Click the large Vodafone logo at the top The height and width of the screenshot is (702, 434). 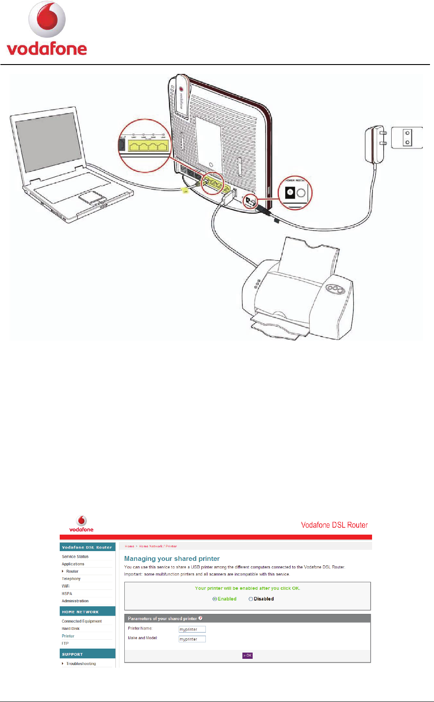pos(47,29)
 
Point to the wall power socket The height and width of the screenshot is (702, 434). pos(407,138)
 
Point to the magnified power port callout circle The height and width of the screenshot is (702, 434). pos(295,193)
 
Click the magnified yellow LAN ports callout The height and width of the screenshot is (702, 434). pos(145,146)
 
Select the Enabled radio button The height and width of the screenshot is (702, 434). pos(215,599)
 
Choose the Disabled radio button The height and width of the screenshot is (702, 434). pos(251,599)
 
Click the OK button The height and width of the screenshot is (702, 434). pos(247,655)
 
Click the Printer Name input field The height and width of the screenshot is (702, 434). pos(192,629)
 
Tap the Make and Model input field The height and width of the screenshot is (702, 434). pos(192,639)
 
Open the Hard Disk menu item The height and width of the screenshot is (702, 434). pos(70,629)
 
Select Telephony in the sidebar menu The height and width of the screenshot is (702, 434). pos(71,579)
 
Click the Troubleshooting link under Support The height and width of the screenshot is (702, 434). pos(81,664)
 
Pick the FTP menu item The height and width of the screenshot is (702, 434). pos(65,643)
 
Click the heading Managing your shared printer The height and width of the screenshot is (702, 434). pos(172,559)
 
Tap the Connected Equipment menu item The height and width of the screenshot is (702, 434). pos(82,621)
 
